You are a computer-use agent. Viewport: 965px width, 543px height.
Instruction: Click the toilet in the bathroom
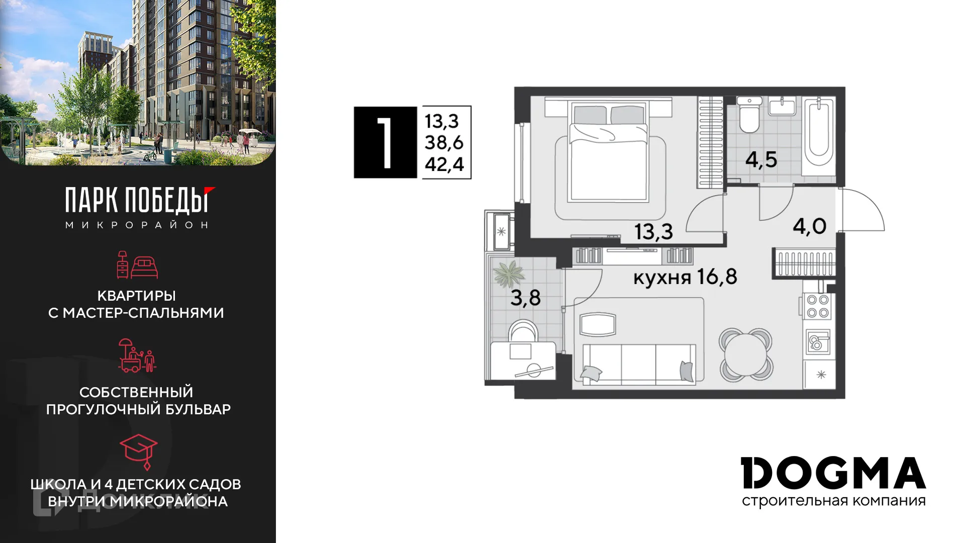click(749, 117)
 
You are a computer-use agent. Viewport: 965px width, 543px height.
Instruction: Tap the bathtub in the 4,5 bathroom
click(818, 133)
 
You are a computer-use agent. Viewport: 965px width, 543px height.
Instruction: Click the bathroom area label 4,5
click(761, 160)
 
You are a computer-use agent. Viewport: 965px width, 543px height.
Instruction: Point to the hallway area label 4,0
click(809, 226)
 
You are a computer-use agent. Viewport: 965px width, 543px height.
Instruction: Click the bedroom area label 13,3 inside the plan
click(653, 232)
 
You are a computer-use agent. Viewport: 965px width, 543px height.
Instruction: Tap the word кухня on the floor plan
click(662, 278)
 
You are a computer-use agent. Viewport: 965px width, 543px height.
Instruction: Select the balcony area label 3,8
click(525, 298)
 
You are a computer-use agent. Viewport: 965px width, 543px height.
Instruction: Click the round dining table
click(745, 354)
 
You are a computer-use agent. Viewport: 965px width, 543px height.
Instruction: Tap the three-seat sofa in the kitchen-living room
click(639, 364)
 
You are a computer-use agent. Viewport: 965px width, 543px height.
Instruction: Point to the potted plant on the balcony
click(509, 275)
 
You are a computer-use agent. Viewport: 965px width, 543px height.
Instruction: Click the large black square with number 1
click(385, 142)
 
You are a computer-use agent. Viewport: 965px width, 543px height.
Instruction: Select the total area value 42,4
click(444, 164)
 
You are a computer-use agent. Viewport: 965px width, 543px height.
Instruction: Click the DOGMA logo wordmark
click(833, 473)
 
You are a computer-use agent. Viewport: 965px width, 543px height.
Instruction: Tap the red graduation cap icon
click(139, 449)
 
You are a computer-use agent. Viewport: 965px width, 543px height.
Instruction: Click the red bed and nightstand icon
click(137, 265)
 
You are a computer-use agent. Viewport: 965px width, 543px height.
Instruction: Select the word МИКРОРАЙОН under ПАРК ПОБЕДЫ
click(137, 225)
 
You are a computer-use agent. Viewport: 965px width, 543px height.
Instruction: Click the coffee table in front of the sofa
click(598, 324)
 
